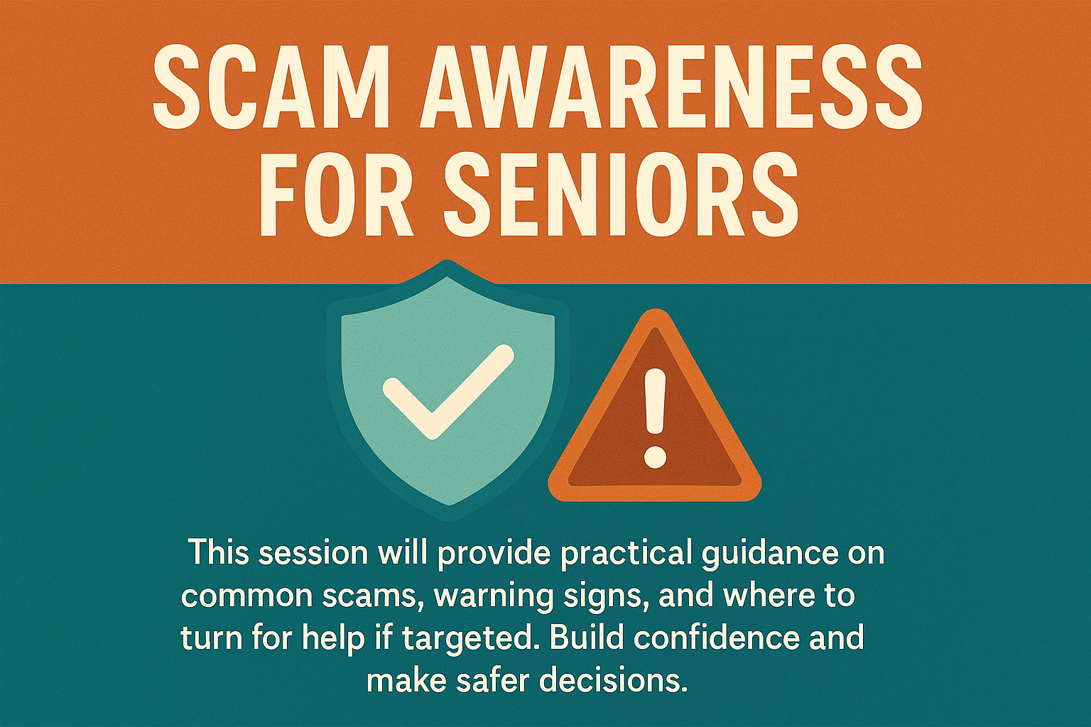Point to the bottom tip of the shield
pos(449,518)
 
